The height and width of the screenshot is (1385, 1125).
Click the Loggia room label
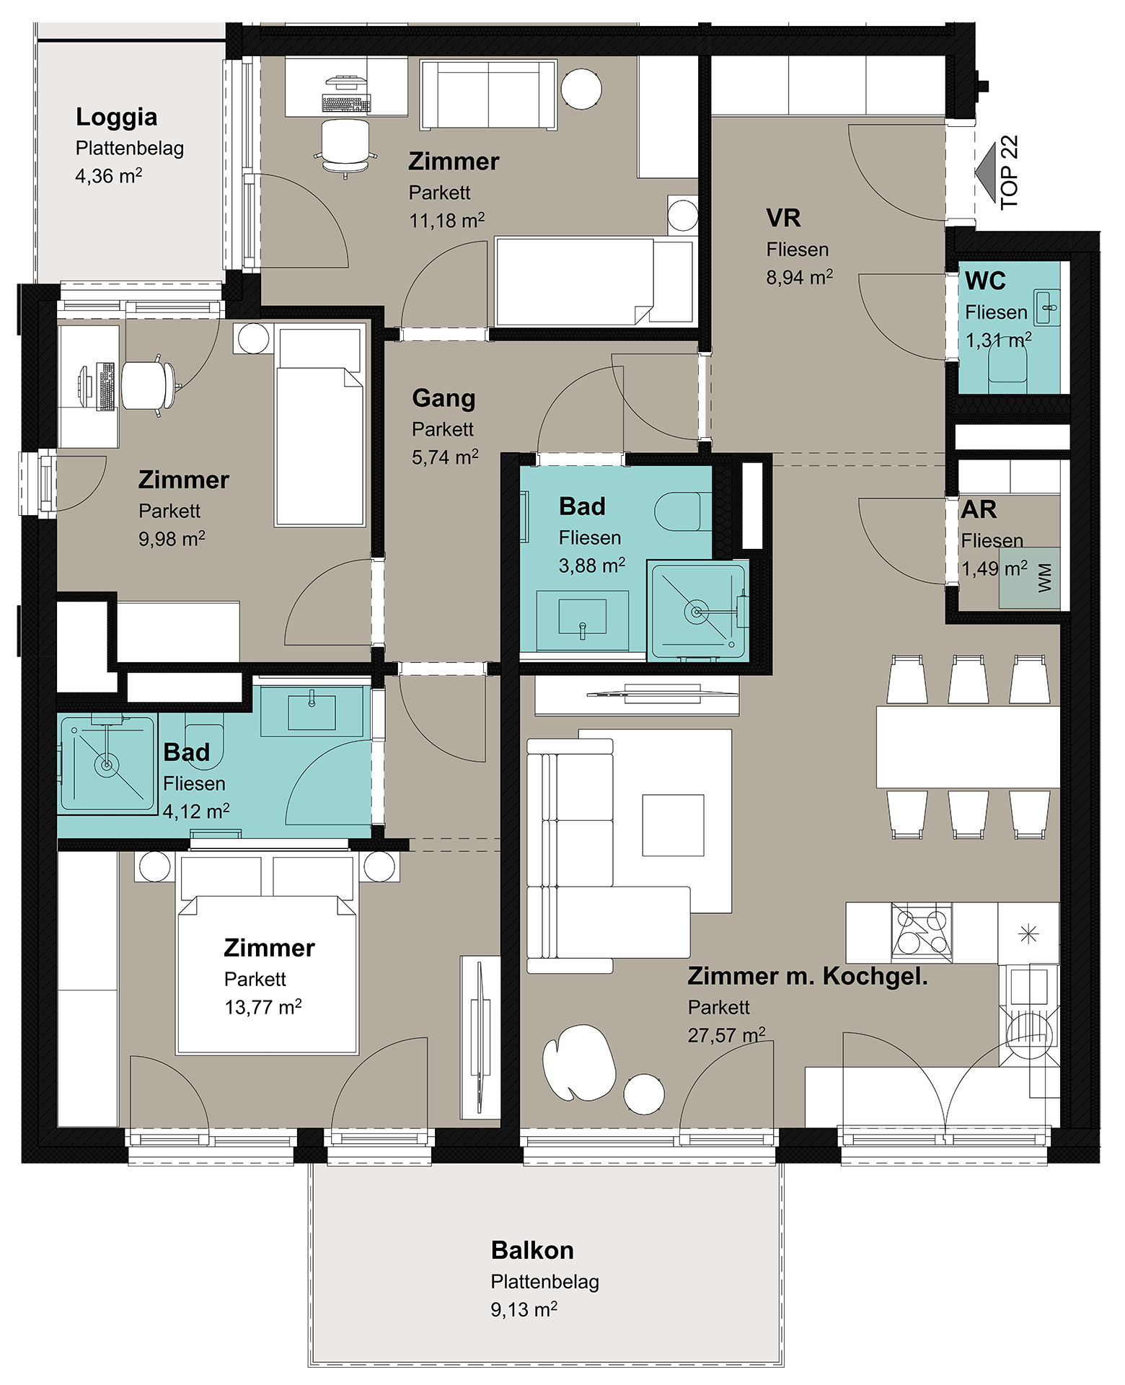116,118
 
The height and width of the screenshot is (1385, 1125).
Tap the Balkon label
532,1250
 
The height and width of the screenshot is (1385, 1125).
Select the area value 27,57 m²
726,1035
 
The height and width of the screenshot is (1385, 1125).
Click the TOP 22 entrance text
1010,172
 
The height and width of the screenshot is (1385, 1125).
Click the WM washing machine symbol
1030,579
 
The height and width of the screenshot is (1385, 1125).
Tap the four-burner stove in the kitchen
922,932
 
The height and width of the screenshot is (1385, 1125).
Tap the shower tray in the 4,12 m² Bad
107,763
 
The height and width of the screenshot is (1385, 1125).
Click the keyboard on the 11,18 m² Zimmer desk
346,104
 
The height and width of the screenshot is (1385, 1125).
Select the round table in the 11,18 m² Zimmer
581,89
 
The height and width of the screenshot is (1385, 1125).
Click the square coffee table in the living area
673,825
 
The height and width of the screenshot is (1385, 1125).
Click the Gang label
444,399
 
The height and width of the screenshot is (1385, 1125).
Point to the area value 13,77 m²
263,1007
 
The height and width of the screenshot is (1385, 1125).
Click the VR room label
783,218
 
